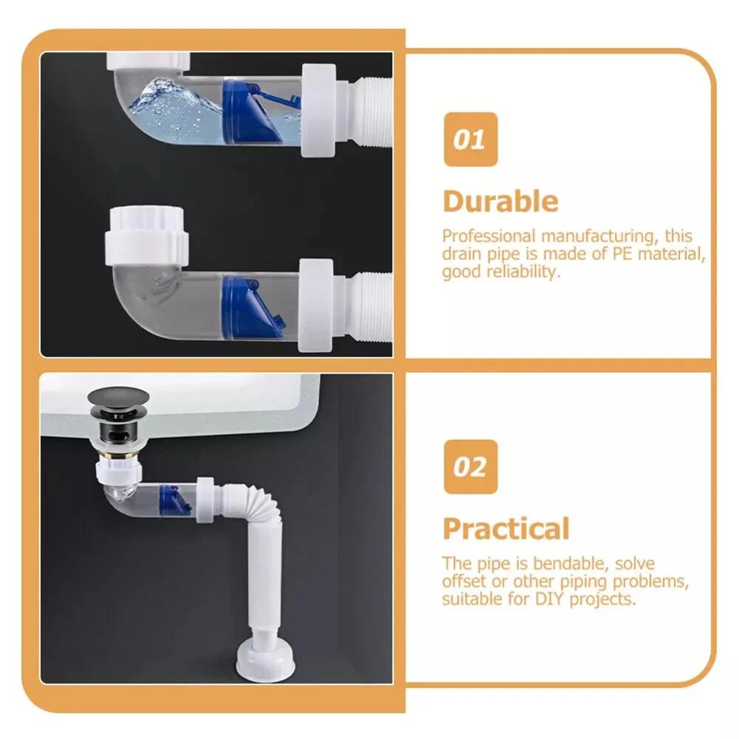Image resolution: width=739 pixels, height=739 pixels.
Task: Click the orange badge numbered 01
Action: coord(470,140)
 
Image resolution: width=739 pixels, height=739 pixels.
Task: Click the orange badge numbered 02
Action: coord(470,467)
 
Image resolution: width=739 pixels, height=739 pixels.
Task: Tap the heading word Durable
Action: coord(501,202)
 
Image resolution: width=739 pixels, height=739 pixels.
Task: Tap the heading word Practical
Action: coord(506,529)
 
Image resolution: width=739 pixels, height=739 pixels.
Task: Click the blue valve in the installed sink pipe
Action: coord(175,500)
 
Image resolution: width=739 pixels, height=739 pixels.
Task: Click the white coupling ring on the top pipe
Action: coord(319,110)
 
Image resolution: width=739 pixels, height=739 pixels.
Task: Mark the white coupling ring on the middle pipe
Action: coord(316,305)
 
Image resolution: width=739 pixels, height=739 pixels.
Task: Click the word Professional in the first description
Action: coord(489,236)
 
